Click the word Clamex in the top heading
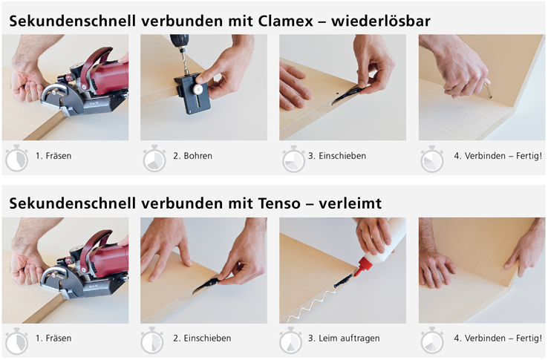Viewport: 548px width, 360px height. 286,21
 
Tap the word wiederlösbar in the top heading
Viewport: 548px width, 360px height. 381,21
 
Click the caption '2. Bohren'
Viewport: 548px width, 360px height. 192,156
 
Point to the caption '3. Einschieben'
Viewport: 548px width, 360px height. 337,156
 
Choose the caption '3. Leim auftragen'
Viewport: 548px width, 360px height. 344,338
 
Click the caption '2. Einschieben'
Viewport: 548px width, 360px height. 202,338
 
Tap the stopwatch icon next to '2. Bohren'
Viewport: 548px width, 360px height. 154,158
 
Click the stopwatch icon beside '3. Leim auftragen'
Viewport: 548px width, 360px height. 290,341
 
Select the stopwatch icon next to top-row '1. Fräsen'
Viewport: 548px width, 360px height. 16,158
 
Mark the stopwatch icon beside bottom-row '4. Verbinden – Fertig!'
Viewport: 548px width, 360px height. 432,341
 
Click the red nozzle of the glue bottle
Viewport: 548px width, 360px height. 362,266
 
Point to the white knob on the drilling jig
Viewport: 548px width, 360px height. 198,89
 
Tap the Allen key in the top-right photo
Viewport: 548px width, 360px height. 488,89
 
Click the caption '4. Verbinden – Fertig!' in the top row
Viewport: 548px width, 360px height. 498,156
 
